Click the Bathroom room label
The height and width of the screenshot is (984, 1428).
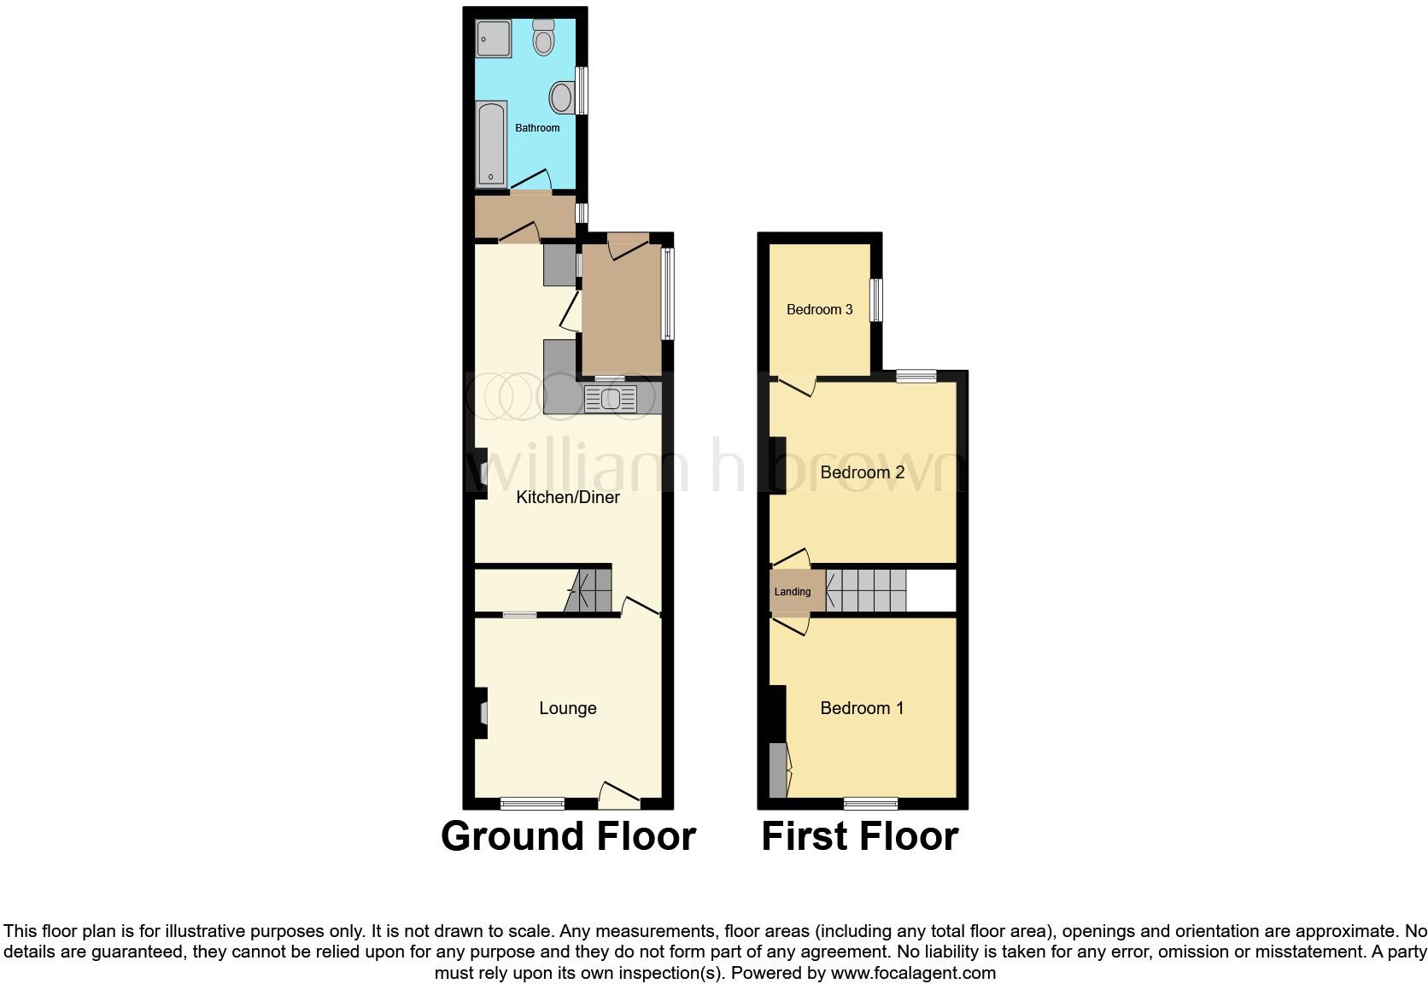[537, 128]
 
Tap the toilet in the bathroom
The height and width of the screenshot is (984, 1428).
[543, 38]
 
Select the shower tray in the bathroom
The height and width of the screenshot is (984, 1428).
[493, 38]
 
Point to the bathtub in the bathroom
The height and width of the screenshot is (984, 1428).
[491, 143]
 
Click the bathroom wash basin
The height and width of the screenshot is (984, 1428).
[561, 97]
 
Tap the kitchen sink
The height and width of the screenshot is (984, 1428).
[610, 399]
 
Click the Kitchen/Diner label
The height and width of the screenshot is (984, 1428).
[568, 497]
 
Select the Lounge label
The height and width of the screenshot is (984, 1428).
[568, 708]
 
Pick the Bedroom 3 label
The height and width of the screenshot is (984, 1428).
[819, 309]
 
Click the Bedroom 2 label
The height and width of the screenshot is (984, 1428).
[862, 472]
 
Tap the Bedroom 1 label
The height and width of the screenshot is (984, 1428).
[862, 708]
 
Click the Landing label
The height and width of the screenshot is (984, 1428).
[792, 592]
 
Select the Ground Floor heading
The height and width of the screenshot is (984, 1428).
[568, 836]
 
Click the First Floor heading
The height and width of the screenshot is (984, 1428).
[859, 836]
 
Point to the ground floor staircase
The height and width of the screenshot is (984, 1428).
[589, 591]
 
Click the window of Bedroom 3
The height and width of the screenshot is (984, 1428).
[875, 300]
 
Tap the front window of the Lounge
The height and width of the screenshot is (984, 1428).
[532, 802]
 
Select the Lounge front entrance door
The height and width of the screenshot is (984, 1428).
[619, 797]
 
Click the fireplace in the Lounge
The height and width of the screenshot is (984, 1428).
[481, 712]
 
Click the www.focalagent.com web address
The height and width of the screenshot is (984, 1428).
[913, 973]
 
